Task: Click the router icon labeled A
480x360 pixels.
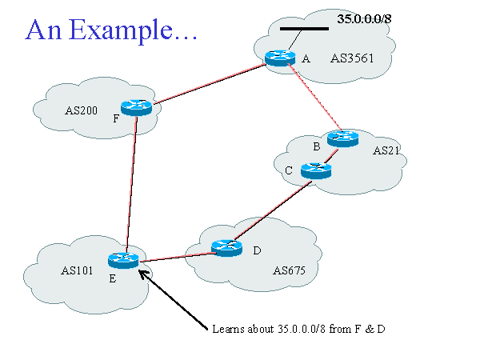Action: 280,58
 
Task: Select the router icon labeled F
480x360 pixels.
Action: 136,107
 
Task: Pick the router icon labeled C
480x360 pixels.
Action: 316,170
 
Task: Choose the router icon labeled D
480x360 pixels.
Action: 226,248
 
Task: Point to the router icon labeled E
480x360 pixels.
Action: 123,259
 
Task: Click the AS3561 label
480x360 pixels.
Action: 352,58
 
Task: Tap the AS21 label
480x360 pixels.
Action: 385,150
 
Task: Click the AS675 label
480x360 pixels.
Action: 284,272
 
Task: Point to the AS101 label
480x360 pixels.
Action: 78,270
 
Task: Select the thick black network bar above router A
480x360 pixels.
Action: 304,29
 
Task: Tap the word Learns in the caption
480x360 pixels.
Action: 229,329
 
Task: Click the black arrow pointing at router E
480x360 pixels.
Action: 172,295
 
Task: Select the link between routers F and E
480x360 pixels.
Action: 130,184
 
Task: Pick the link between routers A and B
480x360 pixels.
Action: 315,101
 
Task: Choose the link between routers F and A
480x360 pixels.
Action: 208,83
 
